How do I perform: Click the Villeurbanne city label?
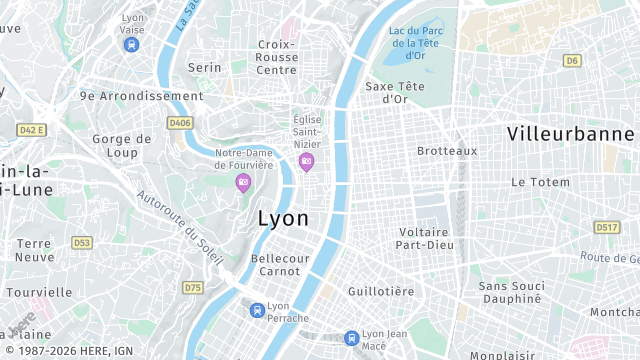(572, 133)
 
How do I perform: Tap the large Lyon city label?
(283, 218)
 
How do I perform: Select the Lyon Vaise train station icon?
(132, 45)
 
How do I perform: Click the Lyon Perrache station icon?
(258, 310)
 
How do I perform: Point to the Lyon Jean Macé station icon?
(351, 338)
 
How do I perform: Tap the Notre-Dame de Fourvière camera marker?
(242, 182)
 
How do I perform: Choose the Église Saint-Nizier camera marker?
(306, 162)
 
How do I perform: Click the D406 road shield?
(180, 123)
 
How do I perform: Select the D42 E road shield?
(32, 130)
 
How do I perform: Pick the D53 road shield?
(81, 242)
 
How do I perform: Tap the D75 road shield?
(192, 288)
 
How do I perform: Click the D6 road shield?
(572, 61)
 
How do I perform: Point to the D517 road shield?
(606, 228)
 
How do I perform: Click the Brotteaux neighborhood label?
(447, 151)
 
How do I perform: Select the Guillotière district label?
(380, 291)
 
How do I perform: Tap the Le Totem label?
(540, 182)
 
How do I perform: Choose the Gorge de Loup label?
(121, 146)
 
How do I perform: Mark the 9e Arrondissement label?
(141, 96)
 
